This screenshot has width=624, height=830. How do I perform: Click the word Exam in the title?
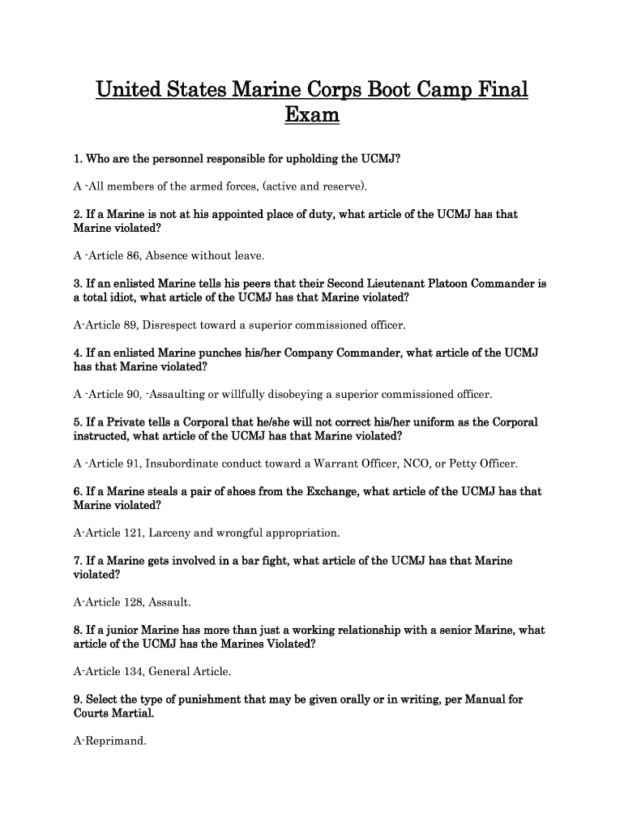(312, 116)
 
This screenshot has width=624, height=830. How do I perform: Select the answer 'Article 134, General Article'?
(152, 672)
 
